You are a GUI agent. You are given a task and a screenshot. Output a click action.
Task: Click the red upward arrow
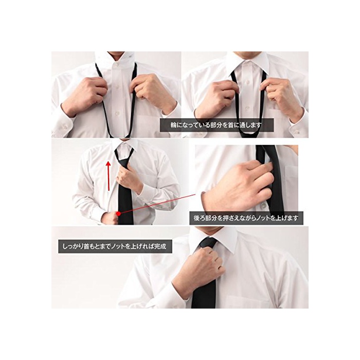pos(109,176)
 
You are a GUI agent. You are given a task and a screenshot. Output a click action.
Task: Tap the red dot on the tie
pos(118,214)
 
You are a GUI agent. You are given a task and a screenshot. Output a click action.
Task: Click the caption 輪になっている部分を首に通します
pos(217,125)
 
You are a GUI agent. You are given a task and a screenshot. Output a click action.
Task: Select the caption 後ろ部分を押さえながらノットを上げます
pos(246,218)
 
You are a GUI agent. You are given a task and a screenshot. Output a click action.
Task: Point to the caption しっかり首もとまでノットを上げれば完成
pos(115,246)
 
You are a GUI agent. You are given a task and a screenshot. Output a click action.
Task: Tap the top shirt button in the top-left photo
pos(116,65)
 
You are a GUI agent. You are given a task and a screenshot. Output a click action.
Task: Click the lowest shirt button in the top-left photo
pos(117,113)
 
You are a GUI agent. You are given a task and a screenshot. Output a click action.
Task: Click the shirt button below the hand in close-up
pos(261,207)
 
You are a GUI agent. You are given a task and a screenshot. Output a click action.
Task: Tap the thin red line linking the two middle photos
pos(158,204)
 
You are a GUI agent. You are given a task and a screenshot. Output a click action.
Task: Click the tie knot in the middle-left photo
pos(124,163)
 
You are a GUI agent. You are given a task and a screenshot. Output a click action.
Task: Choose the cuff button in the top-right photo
pos(297,132)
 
